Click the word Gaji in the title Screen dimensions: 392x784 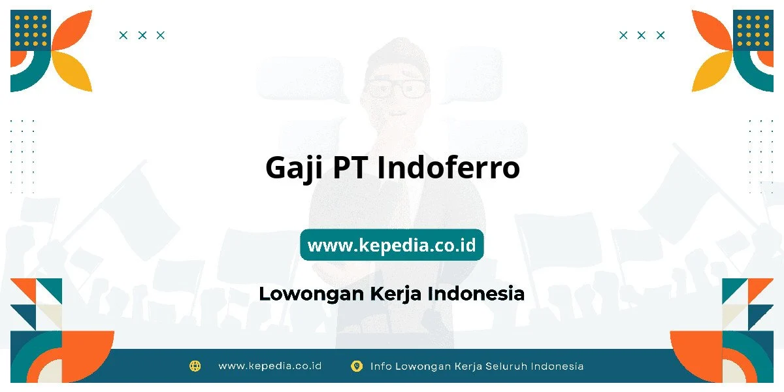point(293,168)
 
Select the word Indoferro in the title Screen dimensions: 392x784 point(448,168)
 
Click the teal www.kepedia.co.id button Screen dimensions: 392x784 point(392,245)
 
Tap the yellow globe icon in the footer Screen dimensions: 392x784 point(195,366)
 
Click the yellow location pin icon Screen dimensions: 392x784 point(357,366)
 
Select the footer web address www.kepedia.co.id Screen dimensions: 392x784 point(270,366)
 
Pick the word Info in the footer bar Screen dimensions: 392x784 point(382,366)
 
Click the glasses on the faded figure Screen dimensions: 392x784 point(397,89)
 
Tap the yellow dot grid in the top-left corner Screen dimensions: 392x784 point(31,29)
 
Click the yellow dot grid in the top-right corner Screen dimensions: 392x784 point(753,29)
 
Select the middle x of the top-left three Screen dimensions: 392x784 point(142,35)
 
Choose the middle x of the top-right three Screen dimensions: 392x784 point(642,35)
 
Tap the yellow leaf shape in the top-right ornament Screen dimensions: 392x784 point(711,72)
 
